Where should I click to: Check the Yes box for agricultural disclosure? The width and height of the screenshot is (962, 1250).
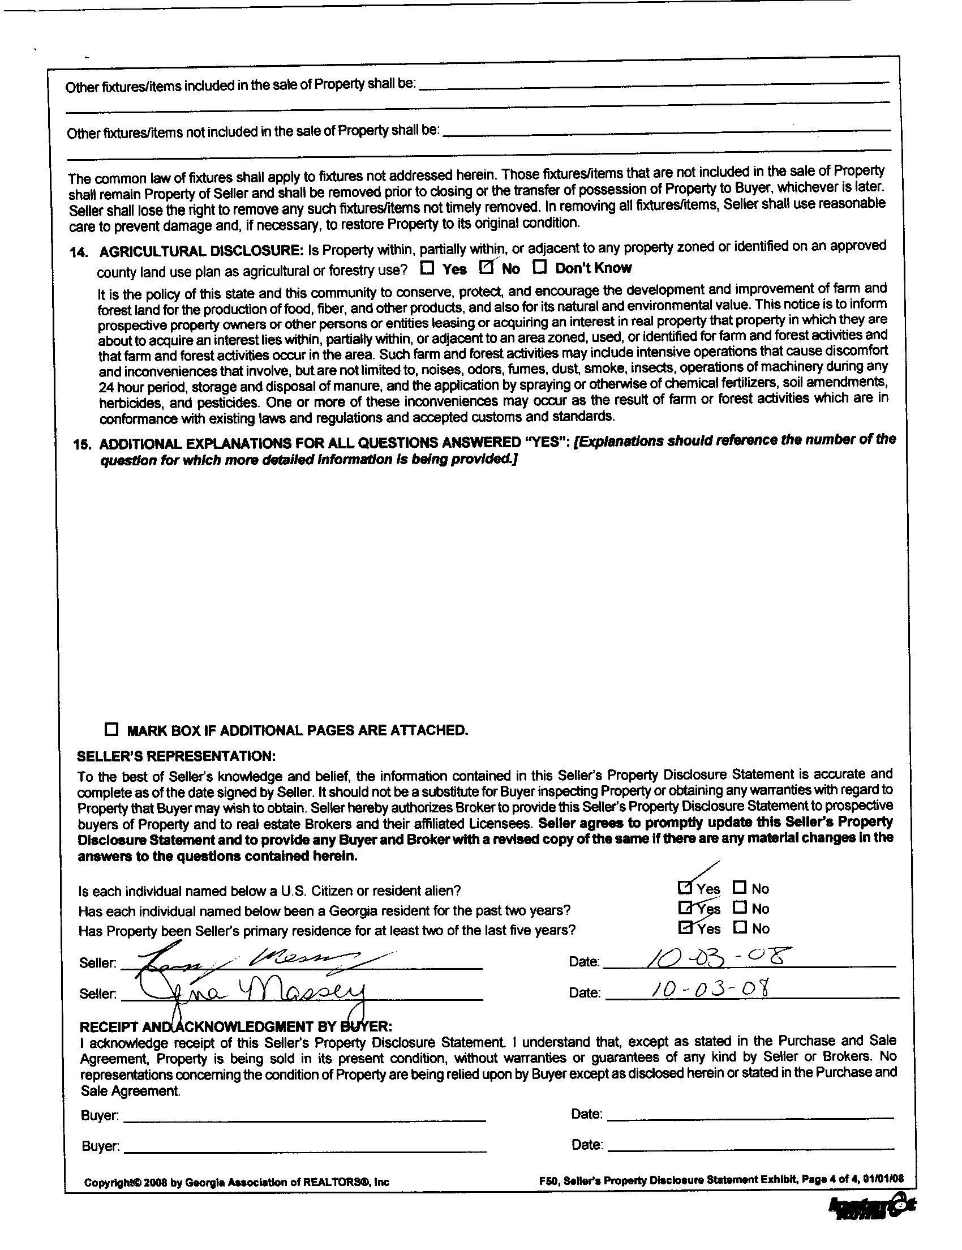pos(427,267)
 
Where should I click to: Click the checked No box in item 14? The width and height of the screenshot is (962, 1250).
pos(487,267)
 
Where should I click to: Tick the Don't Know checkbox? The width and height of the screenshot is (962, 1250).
pos(540,267)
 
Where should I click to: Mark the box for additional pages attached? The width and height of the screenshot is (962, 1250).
pos(111,729)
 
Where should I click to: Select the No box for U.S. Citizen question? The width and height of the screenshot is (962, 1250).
pos(740,888)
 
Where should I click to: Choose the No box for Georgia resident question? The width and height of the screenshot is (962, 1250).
pos(740,907)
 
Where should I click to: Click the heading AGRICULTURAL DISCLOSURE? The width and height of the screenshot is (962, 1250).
pos(200,251)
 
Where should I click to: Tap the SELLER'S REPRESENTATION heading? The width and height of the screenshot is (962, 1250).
pos(176,756)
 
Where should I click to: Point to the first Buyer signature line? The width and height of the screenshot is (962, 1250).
pos(304,1115)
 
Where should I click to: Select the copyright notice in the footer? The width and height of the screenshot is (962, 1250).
pos(236,1182)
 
